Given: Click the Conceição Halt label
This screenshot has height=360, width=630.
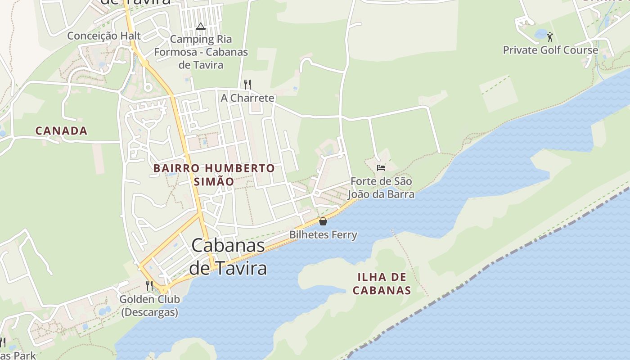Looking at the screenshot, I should [x=104, y=36].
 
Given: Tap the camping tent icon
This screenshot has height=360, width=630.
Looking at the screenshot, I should [x=201, y=26].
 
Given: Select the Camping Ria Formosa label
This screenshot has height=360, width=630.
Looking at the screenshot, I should [x=201, y=52].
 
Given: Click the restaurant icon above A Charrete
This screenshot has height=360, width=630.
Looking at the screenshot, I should [x=247, y=84].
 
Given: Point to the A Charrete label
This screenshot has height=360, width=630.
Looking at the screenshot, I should [x=247, y=98].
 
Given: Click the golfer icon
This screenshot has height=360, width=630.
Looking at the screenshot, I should [x=550, y=36].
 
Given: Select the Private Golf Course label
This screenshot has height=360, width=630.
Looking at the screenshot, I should [x=550, y=50].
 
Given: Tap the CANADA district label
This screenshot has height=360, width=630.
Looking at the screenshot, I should [x=61, y=131].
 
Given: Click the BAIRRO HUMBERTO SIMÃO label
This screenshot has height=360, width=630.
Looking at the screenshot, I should [x=214, y=175].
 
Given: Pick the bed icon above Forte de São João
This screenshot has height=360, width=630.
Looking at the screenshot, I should [x=381, y=168].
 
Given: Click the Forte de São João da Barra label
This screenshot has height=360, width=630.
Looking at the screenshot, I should [x=381, y=188].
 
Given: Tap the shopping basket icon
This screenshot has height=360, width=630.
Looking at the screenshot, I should [x=323, y=221].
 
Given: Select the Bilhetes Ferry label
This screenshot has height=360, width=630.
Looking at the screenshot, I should [x=323, y=234].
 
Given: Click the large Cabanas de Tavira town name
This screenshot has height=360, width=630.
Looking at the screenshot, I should [x=228, y=256].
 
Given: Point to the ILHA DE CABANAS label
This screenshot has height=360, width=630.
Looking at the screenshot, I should [x=382, y=283].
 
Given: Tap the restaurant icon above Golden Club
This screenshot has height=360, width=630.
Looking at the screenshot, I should [x=149, y=286].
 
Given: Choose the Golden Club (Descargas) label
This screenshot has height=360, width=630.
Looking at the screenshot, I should [x=149, y=306].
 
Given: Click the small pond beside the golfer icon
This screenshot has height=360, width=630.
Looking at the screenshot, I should [x=540, y=34].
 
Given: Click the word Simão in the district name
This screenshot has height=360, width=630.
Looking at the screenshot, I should [x=214, y=182].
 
